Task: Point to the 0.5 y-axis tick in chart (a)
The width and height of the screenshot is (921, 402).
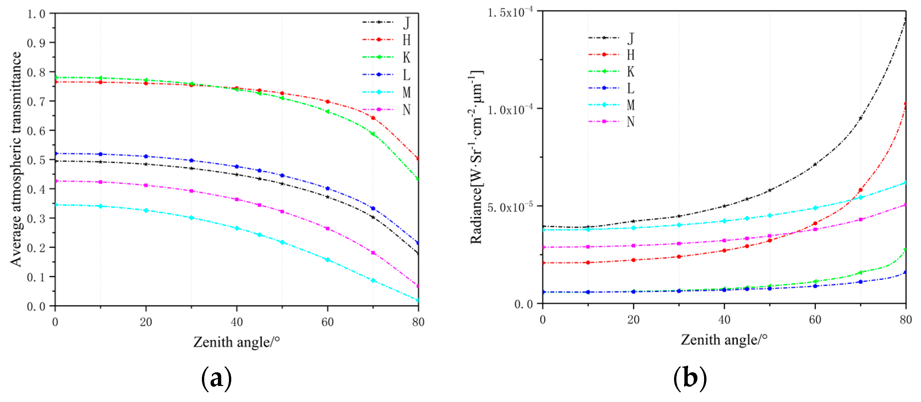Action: [x=36, y=160]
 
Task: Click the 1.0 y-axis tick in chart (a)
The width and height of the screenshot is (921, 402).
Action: [x=36, y=14]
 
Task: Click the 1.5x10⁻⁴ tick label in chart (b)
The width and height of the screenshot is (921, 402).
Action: [x=510, y=12]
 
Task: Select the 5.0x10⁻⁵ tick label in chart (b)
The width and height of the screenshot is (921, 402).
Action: [x=510, y=207]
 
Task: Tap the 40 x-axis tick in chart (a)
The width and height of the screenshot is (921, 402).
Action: [x=237, y=322]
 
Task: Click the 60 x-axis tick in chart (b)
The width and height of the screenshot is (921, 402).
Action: [x=815, y=320]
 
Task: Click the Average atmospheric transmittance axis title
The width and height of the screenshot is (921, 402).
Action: [x=16, y=159]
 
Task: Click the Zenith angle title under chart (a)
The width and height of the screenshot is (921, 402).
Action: [x=236, y=342]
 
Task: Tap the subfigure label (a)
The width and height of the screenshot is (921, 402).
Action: [x=216, y=378]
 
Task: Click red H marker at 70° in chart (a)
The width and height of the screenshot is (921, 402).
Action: [x=373, y=118]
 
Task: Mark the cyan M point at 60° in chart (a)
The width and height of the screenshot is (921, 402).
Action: [x=327, y=260]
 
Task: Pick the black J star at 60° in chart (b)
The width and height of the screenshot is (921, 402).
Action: [x=815, y=164]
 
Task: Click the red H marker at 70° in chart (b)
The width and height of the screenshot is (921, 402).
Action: [x=860, y=190]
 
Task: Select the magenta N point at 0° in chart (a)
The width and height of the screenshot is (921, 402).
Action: [x=55, y=181]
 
